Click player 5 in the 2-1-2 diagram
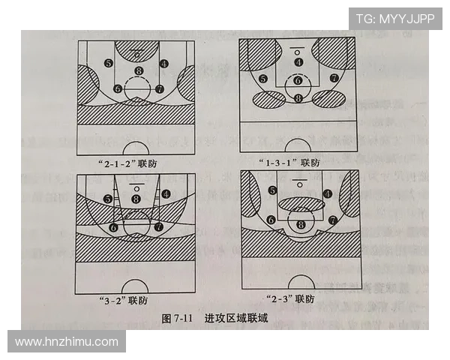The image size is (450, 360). [x=109, y=64]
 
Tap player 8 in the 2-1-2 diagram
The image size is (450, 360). [x=138, y=72]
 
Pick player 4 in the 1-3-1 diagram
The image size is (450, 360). [x=298, y=62]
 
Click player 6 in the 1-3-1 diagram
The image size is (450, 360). [x=298, y=80]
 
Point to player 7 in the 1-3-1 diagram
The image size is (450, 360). [x=332, y=78]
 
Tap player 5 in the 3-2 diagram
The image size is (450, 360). [x=108, y=199]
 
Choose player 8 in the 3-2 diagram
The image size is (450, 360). [x=136, y=199]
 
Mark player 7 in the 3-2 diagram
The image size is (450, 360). [x=158, y=226]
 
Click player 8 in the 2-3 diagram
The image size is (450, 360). [x=301, y=223]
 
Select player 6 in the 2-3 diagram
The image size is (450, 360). [x=270, y=220]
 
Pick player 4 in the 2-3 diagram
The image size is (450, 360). [x=327, y=193]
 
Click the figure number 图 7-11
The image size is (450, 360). [x=178, y=319]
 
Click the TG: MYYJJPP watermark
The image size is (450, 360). [x=394, y=18]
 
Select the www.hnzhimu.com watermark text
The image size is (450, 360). [x=67, y=342]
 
